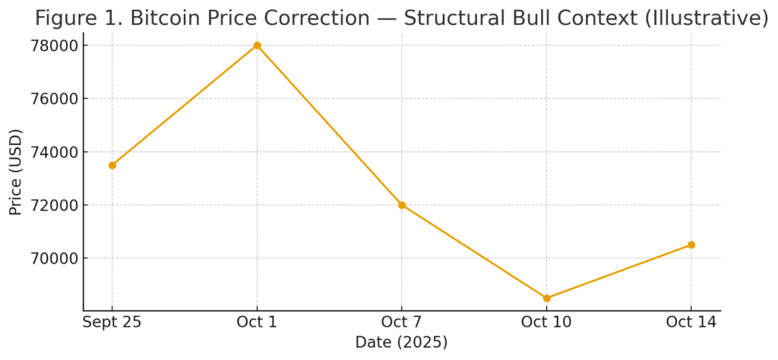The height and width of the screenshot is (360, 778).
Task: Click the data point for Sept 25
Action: click(112, 165)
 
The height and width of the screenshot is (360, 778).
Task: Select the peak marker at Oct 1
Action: click(257, 46)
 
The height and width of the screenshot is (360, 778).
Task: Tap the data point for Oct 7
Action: click(402, 205)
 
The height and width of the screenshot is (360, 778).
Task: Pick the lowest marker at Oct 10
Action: click(546, 298)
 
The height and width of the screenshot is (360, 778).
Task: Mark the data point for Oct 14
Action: click(691, 245)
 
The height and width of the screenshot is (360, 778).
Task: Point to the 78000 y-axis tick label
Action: click(52, 46)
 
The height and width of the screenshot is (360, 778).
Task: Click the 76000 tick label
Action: click(52, 99)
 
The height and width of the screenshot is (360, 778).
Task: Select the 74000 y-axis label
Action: click(52, 152)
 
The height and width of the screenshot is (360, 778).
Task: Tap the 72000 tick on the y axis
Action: click(52, 205)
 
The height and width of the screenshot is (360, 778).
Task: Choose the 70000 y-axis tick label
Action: click(52, 258)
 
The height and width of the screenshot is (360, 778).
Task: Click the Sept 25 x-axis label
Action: click(112, 323)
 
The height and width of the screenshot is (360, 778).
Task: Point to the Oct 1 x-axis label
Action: click(257, 323)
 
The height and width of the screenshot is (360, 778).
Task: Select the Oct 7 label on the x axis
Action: click(402, 323)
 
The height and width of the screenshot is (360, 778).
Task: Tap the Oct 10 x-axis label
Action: click(546, 323)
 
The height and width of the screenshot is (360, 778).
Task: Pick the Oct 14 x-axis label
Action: click(691, 323)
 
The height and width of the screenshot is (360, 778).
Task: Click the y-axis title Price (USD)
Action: click(15, 172)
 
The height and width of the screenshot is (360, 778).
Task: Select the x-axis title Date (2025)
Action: click(401, 343)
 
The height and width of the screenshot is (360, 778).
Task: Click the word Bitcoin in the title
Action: click(165, 18)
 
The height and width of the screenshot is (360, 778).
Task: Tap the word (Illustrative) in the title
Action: click(706, 18)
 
